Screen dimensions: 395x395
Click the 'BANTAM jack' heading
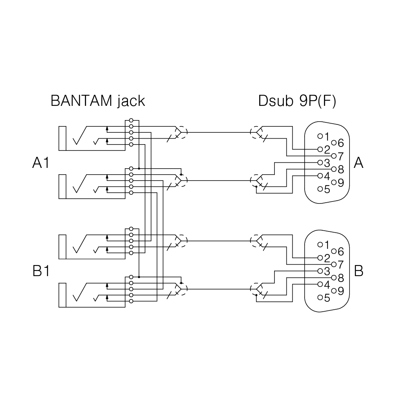click(x=98, y=101)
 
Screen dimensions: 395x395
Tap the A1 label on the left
click(x=41, y=163)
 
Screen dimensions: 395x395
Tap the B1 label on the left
click(x=41, y=271)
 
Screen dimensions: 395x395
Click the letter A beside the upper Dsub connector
click(x=359, y=163)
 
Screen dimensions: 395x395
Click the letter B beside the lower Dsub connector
click(x=359, y=271)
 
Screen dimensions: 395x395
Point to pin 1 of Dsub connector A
click(x=320, y=136)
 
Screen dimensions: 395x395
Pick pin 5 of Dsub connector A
click(x=320, y=189)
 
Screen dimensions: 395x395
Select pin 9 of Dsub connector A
click(x=334, y=182)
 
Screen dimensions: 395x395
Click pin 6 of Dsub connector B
click(x=334, y=251)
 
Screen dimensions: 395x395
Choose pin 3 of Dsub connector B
click(x=320, y=271)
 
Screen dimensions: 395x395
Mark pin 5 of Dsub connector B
click(x=320, y=297)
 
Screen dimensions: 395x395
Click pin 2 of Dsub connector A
click(x=320, y=149)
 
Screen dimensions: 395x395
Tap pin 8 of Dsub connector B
click(x=334, y=278)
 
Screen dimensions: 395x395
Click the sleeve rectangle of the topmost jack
click(x=62, y=138)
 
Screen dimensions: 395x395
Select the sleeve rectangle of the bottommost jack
click(x=62, y=295)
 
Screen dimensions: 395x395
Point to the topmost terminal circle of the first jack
click(x=131, y=120)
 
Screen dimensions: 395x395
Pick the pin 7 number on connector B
click(x=341, y=265)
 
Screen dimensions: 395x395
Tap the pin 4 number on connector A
click(x=327, y=176)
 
